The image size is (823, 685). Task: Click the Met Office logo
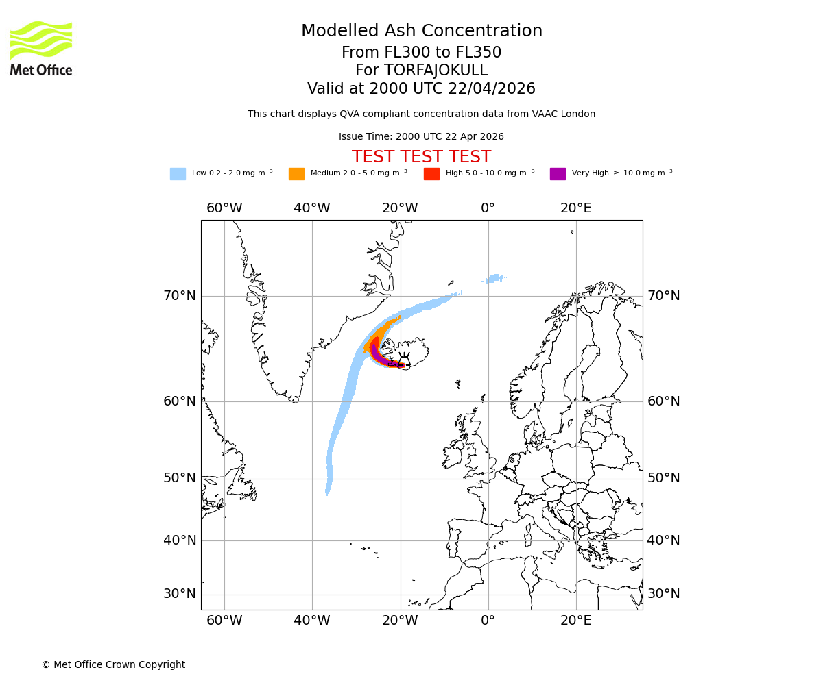[x=41, y=48]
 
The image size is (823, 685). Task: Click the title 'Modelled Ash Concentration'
[x=422, y=31]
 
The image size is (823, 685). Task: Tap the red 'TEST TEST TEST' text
[x=421, y=157]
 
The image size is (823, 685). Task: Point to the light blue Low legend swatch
[x=178, y=174]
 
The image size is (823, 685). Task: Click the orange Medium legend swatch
[x=296, y=174]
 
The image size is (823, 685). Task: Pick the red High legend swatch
[x=431, y=174]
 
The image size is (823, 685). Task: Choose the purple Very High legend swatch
[x=558, y=174]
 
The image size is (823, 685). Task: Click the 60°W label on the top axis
[x=224, y=208]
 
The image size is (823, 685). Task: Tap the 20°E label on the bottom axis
[x=575, y=621]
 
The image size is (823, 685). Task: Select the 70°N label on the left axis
[x=179, y=296]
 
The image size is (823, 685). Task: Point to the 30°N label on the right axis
[x=664, y=594]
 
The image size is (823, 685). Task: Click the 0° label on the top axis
[x=488, y=208]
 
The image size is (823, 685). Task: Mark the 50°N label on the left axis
[x=179, y=478]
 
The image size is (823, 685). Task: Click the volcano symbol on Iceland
[x=405, y=360]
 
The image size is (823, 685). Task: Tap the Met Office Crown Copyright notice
[x=113, y=664]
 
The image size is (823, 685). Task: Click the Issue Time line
[x=421, y=136]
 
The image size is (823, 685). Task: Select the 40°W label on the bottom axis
[x=312, y=621]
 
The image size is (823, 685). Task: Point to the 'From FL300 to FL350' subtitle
[x=421, y=53]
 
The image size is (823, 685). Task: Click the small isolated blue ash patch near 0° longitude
[x=494, y=279]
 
